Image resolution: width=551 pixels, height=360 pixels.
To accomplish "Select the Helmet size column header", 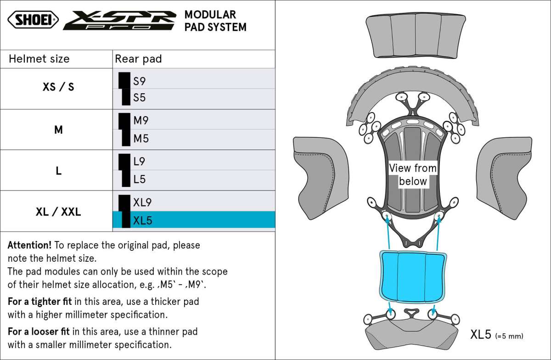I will (x=39, y=59).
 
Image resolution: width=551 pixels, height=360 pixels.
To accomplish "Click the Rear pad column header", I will (x=138, y=59).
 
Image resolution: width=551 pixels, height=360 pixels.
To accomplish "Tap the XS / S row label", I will (x=58, y=87).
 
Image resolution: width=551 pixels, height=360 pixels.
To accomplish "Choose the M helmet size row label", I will (x=58, y=130).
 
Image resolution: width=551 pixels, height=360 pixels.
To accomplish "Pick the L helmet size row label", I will (x=58, y=171).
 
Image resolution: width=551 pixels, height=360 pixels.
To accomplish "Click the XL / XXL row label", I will (x=58, y=212).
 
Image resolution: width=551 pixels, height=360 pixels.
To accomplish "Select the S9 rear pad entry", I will (x=140, y=81).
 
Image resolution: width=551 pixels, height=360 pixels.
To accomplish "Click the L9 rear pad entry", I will (x=140, y=162).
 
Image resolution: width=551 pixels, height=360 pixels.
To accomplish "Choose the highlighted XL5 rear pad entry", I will (x=142, y=221).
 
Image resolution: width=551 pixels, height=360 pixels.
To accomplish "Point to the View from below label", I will (x=413, y=174).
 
